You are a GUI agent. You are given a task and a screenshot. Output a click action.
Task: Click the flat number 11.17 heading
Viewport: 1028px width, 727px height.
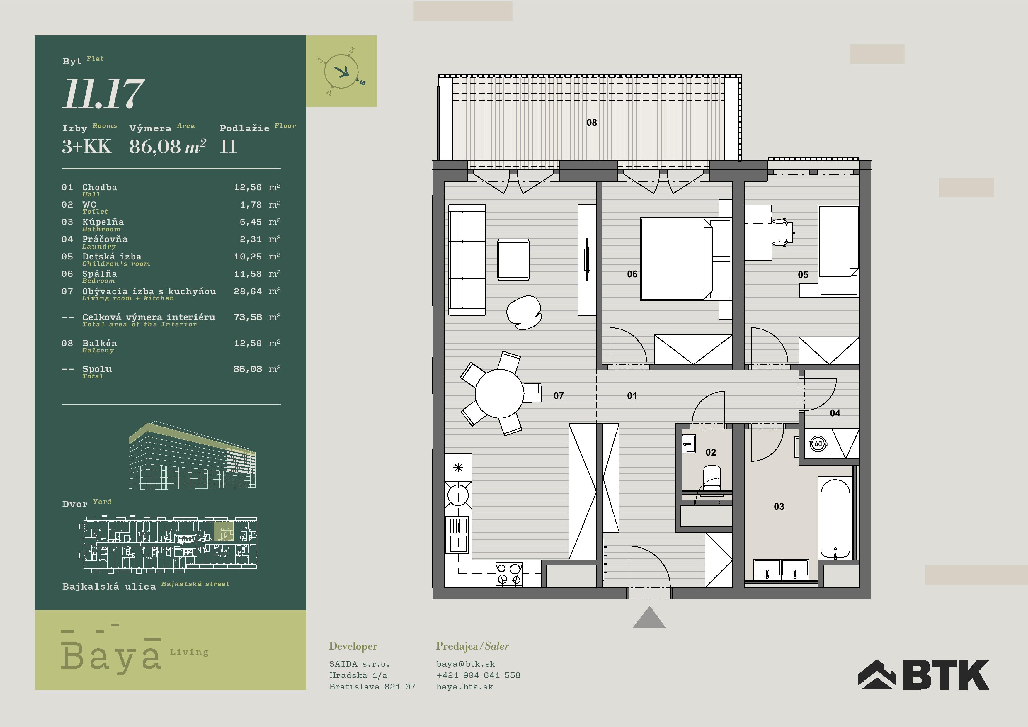[103, 94]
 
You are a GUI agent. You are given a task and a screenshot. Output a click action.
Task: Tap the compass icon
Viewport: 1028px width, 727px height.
[342, 71]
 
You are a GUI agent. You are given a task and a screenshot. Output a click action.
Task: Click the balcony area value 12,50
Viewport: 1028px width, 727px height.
[248, 343]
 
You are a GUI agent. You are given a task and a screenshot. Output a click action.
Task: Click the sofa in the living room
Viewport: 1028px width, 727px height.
[467, 260]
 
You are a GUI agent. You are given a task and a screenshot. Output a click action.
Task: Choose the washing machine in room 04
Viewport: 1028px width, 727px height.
[818, 444]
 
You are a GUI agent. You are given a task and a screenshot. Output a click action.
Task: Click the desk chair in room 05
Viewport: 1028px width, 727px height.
[782, 232]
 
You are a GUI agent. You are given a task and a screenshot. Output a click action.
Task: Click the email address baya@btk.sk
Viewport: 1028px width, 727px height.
[466, 664]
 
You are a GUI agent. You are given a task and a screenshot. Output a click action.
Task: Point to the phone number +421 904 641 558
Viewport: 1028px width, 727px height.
[478, 675]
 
